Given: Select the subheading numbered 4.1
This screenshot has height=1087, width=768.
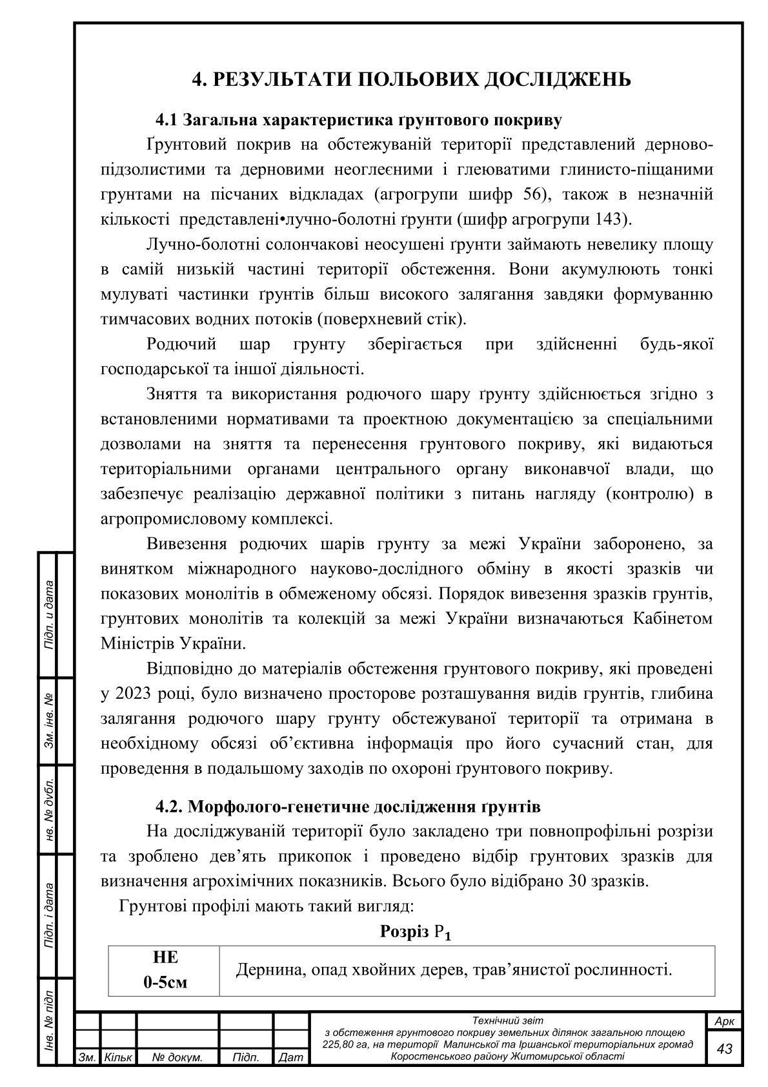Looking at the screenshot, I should coord(358,120).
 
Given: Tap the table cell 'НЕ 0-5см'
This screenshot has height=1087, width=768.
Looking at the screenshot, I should coord(165,970).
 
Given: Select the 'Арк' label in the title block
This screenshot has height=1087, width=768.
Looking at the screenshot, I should coord(725,1021).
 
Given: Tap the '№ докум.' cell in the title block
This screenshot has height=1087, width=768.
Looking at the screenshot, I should coord(177,1058).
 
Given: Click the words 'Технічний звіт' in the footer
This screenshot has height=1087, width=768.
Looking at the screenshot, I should coord(509,1020).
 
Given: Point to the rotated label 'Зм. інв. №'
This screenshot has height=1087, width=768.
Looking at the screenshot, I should coord(48,721).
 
